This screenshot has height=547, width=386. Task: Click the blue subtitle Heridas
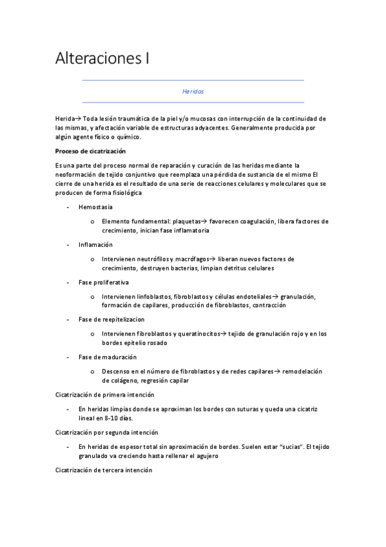pyautogui.click(x=193, y=92)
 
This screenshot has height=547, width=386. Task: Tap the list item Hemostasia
pyautogui.click(x=95, y=207)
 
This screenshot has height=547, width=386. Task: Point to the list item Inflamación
pyautogui.click(x=95, y=245)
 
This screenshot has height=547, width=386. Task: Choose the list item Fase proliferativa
pyautogui.click(x=103, y=283)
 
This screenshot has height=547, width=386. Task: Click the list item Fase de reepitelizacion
pyautogui.click(x=111, y=319)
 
